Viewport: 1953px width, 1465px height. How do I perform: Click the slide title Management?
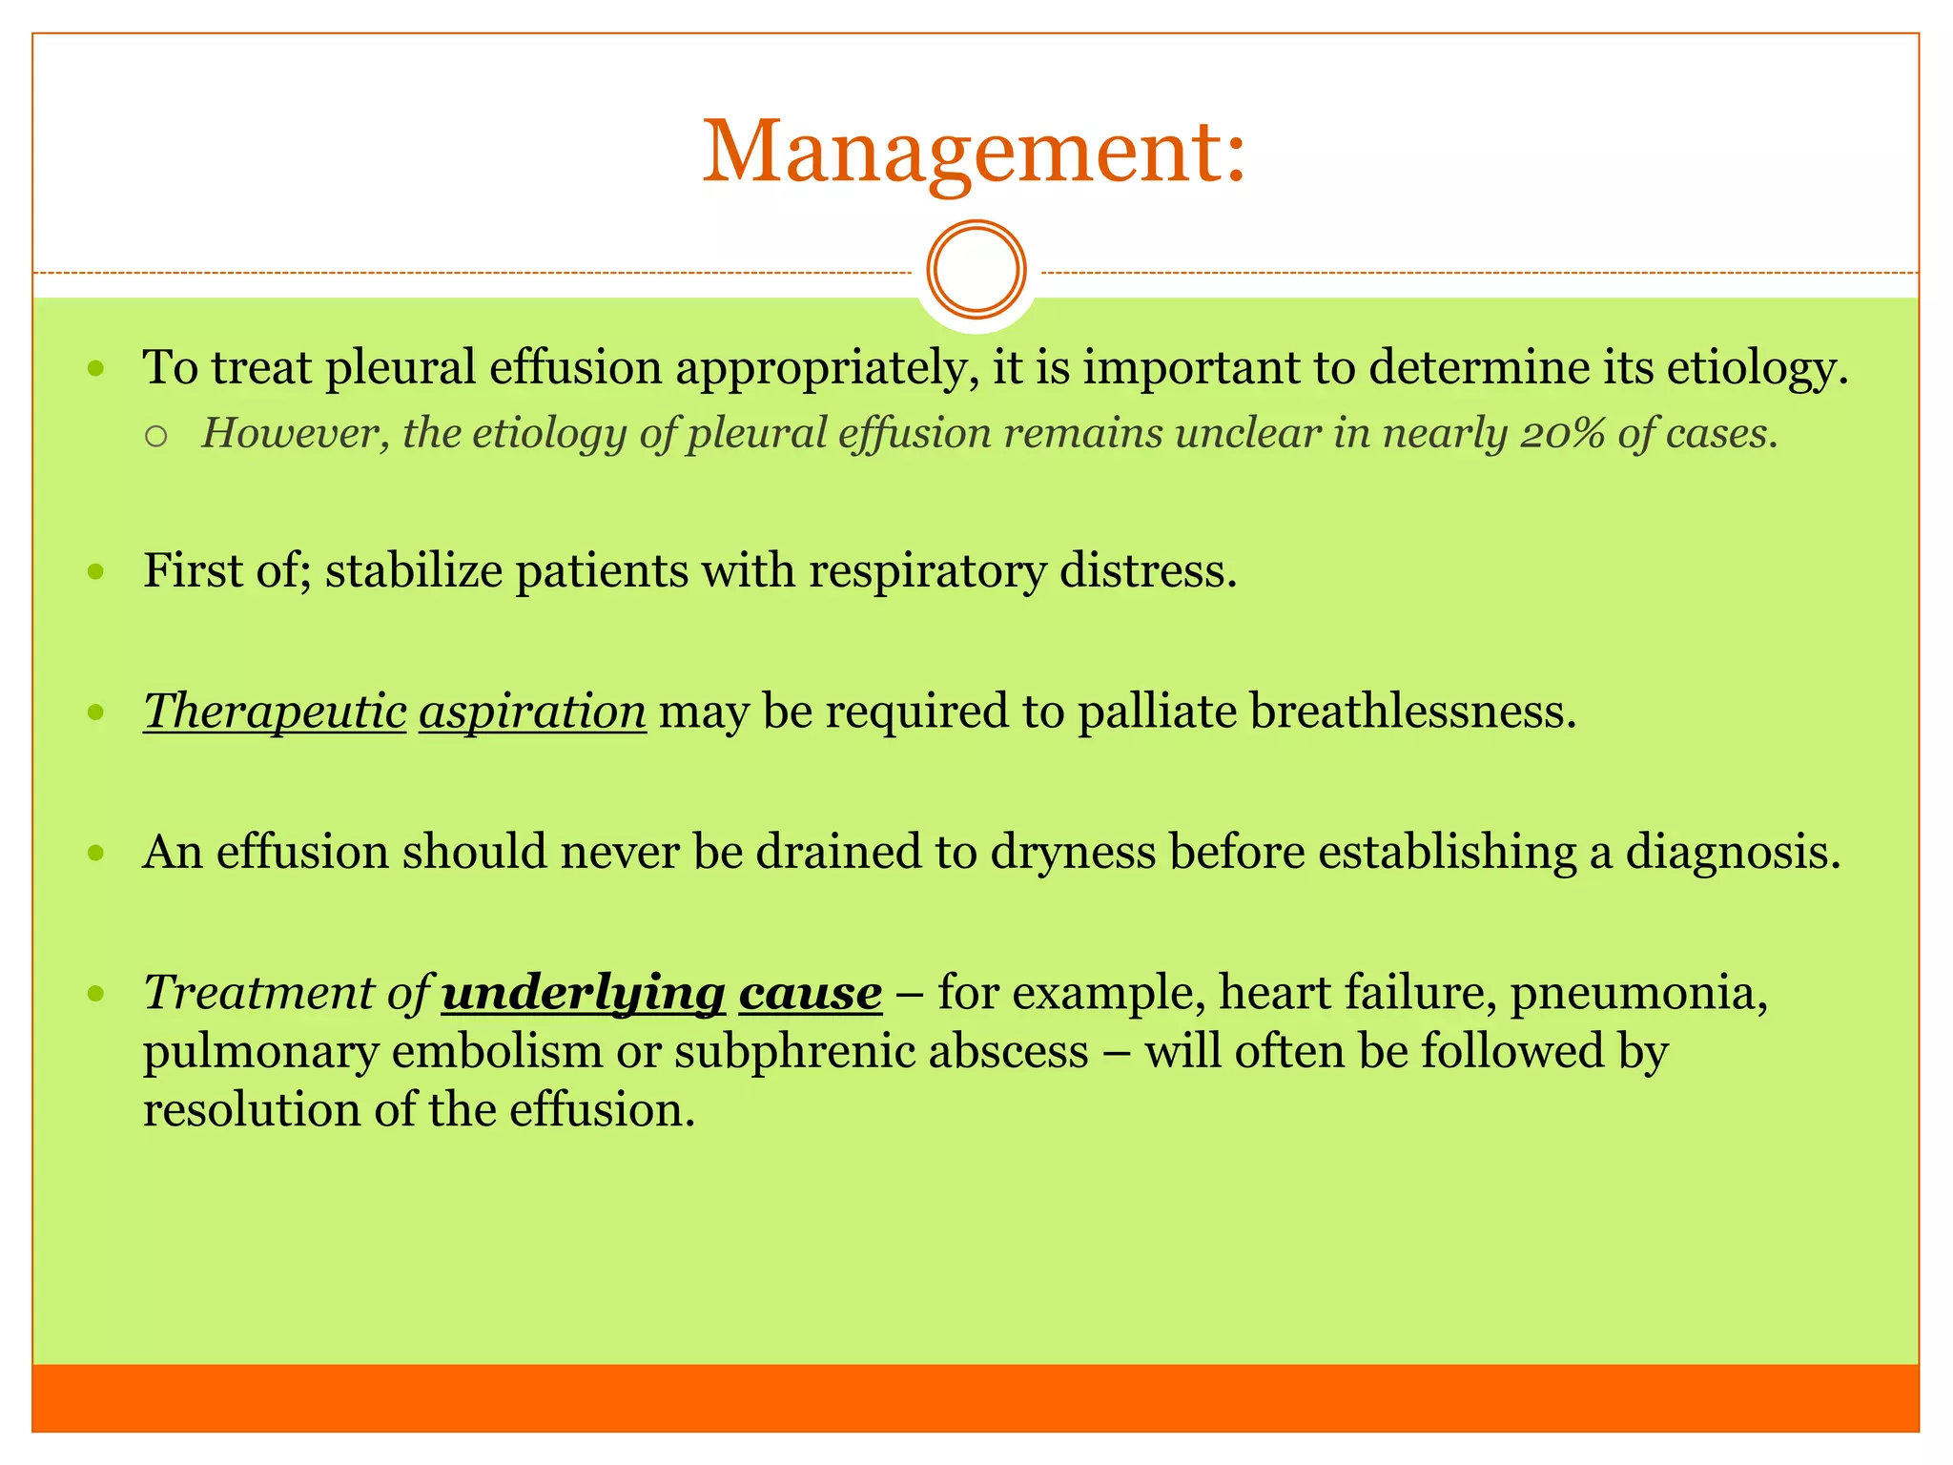point(975,153)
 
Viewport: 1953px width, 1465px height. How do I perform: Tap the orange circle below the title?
point(976,269)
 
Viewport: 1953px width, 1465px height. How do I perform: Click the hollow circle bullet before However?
point(157,437)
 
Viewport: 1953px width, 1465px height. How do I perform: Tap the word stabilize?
point(413,571)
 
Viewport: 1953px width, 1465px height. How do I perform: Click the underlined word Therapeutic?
point(275,712)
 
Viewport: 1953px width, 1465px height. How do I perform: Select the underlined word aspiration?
point(532,712)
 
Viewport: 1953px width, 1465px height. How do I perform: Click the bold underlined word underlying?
point(584,993)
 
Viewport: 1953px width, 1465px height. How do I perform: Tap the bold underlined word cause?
point(811,993)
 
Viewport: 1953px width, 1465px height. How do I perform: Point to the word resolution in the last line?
point(251,1111)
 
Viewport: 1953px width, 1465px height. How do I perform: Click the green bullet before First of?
point(95,572)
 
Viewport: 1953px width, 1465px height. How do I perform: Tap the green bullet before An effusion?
point(95,853)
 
